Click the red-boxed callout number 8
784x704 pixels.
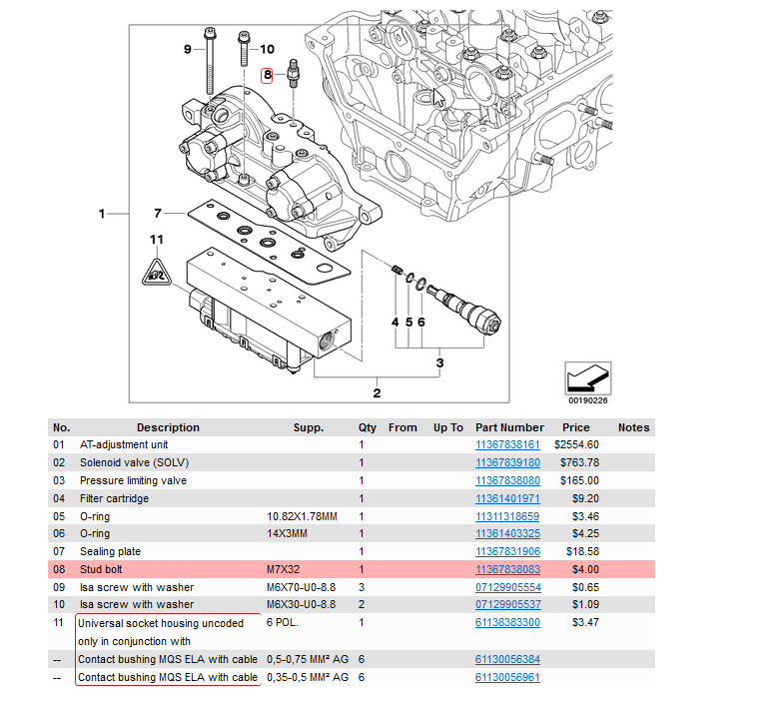tap(267, 76)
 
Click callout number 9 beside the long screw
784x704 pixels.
tap(188, 49)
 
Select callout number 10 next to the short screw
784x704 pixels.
tap(267, 49)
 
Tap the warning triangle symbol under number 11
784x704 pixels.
tap(157, 273)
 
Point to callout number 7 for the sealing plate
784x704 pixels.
tap(158, 214)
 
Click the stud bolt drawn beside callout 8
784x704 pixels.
tap(293, 73)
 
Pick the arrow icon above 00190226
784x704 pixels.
tap(588, 378)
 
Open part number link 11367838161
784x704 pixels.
tap(507, 445)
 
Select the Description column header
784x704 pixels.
tap(168, 427)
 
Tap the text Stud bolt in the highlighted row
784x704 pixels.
tap(101, 569)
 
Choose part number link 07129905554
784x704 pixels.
tap(508, 587)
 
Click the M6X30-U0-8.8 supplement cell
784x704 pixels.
tap(301, 604)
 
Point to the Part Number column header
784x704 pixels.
tap(509, 427)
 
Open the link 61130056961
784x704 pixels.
tap(507, 677)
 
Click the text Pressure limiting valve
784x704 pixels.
tap(133, 480)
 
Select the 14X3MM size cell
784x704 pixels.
tap(287, 533)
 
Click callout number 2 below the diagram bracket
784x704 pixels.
tap(377, 393)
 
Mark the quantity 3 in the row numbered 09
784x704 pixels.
tap(362, 587)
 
